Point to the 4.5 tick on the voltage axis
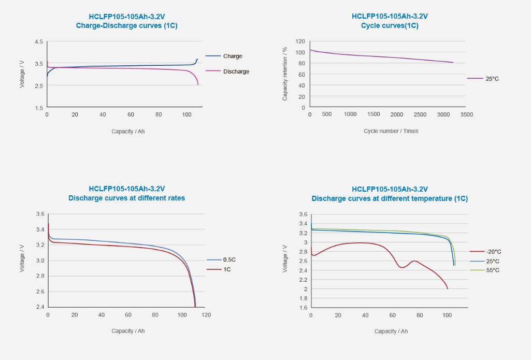tap(39, 41)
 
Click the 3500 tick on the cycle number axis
tap(466, 114)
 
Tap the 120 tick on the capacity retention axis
tap(300, 41)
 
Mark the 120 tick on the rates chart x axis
tap(206, 314)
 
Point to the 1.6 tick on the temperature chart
tap(304, 308)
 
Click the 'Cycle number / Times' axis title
tap(391, 131)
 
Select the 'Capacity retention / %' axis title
tap(285, 74)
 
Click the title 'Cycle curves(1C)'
tap(390, 25)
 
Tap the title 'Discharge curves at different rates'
tap(126, 198)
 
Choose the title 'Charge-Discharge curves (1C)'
tap(126, 25)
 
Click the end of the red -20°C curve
tap(447, 289)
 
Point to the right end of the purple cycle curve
tap(453, 63)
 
